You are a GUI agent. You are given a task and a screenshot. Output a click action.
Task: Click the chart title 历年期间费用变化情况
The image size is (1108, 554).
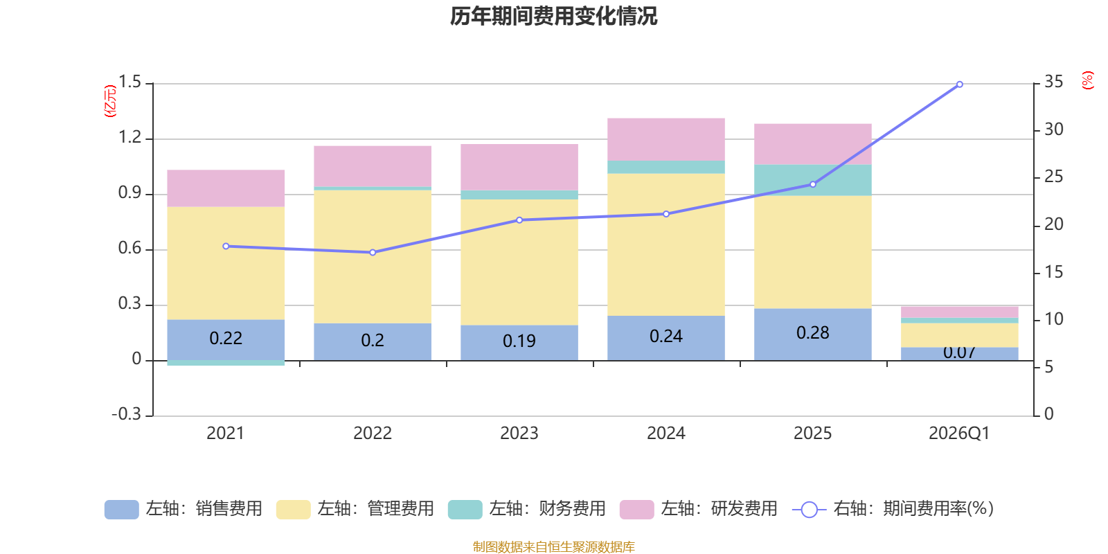pos(553,16)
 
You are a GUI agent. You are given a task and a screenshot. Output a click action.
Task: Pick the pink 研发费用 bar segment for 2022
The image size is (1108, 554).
pos(373,166)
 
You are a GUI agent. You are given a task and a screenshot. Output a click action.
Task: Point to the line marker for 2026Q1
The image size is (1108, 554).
pos(959,84)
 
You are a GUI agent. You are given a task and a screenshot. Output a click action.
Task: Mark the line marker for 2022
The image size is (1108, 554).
pos(373,253)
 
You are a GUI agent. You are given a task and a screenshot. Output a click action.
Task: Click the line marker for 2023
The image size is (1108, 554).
pos(519,220)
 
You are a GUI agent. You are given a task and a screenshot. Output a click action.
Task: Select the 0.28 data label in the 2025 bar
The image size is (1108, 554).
pos(813,333)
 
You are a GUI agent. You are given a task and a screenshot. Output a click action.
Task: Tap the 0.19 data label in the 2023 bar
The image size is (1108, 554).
pos(519,341)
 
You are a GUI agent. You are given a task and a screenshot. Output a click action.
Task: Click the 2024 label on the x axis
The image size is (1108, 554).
pos(666,434)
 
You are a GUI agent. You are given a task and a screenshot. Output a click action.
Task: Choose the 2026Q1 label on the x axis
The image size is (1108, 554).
pos(959,434)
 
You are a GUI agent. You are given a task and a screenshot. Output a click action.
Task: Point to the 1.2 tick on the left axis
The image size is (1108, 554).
pos(129,138)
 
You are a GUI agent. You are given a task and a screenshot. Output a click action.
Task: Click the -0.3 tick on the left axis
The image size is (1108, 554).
pos(126,414)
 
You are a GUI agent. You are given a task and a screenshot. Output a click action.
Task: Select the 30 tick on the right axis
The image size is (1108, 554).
pos(1054,129)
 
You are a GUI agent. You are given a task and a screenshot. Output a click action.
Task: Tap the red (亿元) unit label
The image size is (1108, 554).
pos(109,101)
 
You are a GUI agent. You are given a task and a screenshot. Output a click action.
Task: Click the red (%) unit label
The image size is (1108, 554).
pos(1087,80)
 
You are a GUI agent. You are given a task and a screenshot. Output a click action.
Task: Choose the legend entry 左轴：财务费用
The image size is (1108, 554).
pos(527,509)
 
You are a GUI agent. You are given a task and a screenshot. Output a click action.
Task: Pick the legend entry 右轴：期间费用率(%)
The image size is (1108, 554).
pos(894,509)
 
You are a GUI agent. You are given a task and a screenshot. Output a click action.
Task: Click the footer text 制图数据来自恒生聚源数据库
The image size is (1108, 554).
pos(553,547)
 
